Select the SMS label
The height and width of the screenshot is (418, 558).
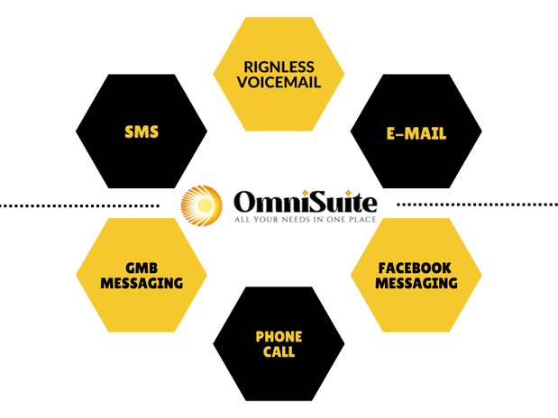point(142,132)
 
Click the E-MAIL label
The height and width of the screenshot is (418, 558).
point(416,133)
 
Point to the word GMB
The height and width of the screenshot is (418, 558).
point(142,268)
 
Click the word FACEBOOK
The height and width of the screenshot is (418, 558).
point(416,268)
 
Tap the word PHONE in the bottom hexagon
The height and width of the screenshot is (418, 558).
point(279,336)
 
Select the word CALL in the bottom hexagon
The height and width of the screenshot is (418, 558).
point(279,352)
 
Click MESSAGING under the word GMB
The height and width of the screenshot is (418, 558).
point(142,283)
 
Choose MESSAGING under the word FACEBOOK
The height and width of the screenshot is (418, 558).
point(416,283)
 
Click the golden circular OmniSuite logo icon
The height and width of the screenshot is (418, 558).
point(201,206)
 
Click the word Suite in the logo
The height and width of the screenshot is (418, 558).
point(339,199)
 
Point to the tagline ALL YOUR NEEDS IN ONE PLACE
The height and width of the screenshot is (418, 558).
point(304,219)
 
